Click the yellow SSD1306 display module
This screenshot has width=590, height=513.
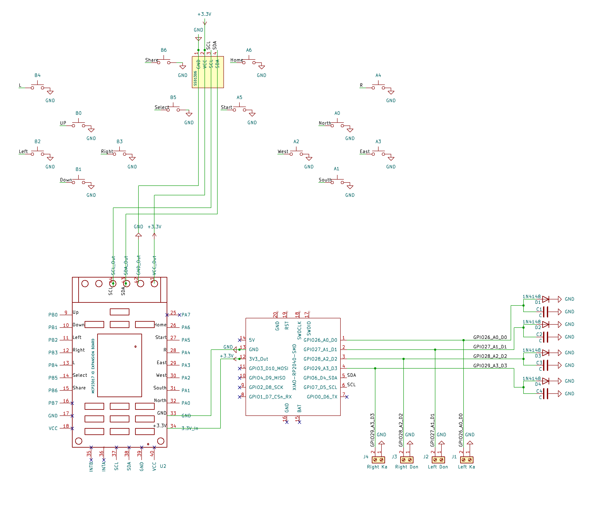[207, 72]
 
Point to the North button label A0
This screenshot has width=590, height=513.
[337, 113]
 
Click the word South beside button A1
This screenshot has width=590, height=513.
[325, 180]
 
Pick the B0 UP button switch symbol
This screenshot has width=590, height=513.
[78, 124]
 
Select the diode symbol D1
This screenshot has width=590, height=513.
[545, 299]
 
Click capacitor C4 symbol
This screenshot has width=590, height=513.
[545, 394]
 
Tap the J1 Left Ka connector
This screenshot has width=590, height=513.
[466, 460]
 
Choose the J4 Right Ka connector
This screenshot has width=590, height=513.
[378, 460]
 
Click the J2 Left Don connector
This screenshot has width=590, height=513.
[438, 460]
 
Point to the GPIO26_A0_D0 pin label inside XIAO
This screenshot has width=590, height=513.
[320, 340]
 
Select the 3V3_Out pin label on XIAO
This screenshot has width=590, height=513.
[258, 359]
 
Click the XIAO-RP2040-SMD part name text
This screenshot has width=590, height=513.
[294, 367]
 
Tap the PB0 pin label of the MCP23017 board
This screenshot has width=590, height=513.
[53, 315]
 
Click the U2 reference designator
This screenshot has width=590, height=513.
[163, 466]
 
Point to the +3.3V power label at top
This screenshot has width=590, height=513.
[204, 14]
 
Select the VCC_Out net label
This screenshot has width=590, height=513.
[154, 265]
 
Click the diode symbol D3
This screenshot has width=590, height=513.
[545, 353]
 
